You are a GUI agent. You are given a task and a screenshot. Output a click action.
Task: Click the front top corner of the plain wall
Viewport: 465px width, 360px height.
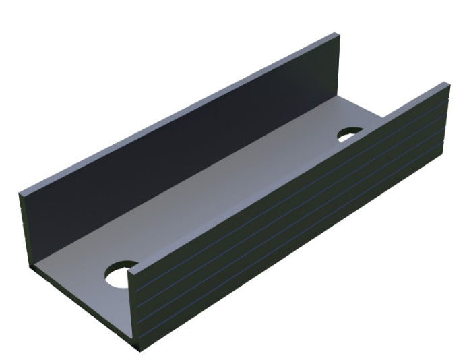pyautogui.click(x=20, y=194)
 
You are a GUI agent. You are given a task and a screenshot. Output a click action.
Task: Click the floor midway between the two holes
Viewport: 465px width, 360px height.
pyautogui.click(x=236, y=202)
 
